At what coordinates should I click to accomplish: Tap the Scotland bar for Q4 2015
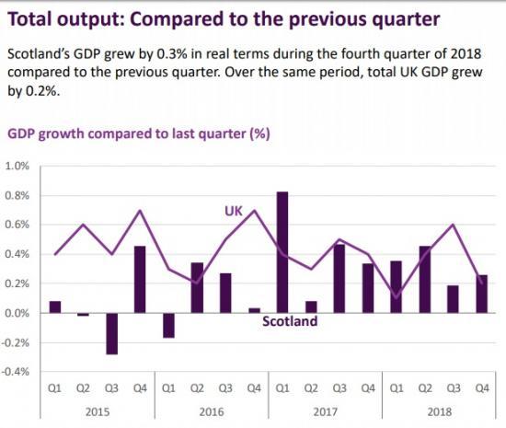(x=140, y=279)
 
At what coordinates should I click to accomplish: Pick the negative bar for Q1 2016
(x=168, y=325)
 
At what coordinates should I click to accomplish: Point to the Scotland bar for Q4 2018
(x=482, y=294)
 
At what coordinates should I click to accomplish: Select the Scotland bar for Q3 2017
(x=339, y=278)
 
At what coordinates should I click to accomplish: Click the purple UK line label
(x=234, y=211)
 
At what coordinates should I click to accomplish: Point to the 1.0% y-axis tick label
(x=18, y=166)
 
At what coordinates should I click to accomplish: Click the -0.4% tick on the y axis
(x=17, y=372)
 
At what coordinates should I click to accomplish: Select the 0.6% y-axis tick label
(x=18, y=225)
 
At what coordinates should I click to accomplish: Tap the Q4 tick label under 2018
(x=482, y=389)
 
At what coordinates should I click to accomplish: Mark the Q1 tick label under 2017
(x=282, y=389)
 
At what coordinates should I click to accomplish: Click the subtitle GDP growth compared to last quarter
(x=138, y=133)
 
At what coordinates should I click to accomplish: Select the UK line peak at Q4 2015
(x=140, y=211)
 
